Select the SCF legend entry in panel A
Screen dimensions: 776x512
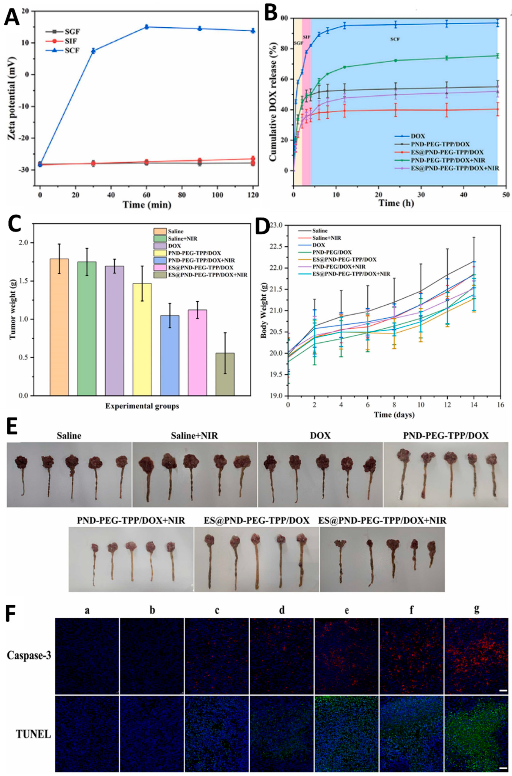tap(65, 51)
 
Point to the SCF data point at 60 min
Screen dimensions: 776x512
tap(147, 27)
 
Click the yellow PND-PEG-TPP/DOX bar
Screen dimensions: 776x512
tap(142, 339)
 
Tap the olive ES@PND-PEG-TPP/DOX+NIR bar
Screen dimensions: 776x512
tap(225, 374)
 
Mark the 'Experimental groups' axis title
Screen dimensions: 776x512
tap(142, 406)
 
